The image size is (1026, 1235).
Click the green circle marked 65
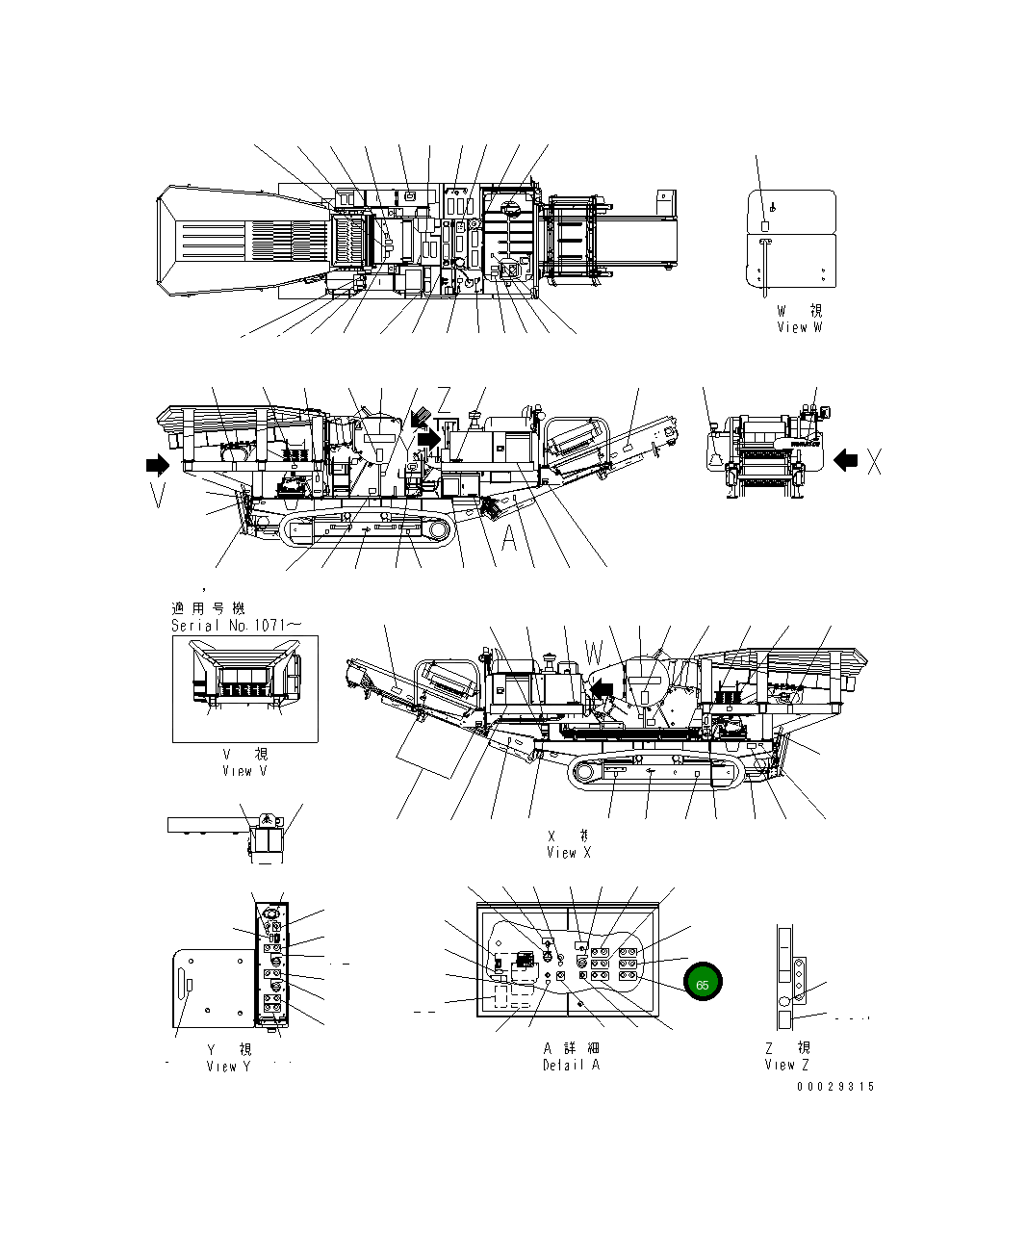(x=703, y=984)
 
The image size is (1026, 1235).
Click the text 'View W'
(x=800, y=327)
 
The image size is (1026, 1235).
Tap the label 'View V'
(x=244, y=770)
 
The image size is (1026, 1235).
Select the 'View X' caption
(x=568, y=852)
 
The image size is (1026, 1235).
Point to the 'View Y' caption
(x=228, y=1066)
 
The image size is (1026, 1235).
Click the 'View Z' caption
(x=786, y=1064)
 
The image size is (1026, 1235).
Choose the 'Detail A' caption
(x=571, y=1065)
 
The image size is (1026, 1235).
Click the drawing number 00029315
(x=834, y=1087)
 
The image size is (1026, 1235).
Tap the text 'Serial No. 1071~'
(x=236, y=625)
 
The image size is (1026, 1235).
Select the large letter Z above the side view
(x=444, y=399)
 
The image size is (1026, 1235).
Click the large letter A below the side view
(x=509, y=539)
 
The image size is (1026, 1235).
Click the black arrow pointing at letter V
(x=155, y=466)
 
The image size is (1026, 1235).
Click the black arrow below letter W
(x=602, y=687)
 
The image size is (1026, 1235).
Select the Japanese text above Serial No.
(x=208, y=608)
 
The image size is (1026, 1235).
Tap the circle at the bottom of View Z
(x=783, y=1003)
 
